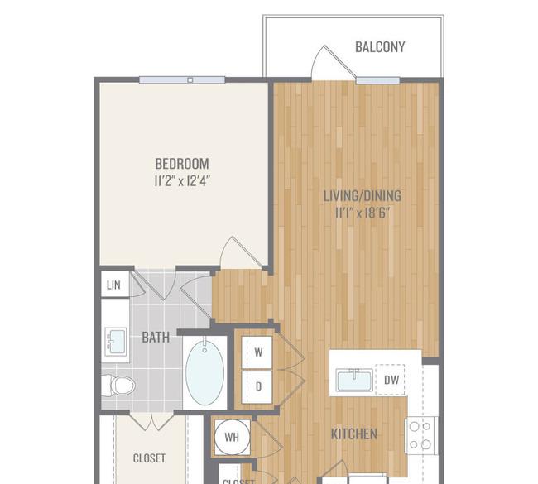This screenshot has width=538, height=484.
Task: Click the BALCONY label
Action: coord(380,47)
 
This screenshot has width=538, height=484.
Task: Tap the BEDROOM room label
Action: coord(182,164)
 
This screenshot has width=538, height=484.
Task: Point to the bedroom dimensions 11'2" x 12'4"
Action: coord(182,180)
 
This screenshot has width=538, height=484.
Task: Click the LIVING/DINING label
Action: coord(363,195)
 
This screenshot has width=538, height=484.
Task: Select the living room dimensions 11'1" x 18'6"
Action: coord(363,213)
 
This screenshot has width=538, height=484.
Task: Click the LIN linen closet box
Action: coord(115,285)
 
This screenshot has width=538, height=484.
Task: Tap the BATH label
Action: coord(156,338)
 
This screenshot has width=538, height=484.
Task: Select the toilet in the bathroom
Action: coord(118,386)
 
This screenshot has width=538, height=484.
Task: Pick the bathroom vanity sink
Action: coord(116,342)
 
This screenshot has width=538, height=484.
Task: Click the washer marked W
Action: coord(257,352)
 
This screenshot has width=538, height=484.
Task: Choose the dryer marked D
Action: coord(257,387)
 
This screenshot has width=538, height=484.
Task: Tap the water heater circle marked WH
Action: coord(232,437)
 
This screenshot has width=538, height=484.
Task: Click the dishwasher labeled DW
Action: coord(391,380)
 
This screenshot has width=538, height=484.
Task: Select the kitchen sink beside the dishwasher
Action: coord(354,380)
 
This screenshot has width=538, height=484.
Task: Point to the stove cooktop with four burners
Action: coord(421,435)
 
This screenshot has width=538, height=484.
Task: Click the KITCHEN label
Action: coord(354,434)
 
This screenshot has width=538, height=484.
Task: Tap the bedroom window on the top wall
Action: coord(182,80)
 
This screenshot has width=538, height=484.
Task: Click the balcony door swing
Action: coord(334,62)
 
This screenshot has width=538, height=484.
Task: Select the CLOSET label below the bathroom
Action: coord(149,458)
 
